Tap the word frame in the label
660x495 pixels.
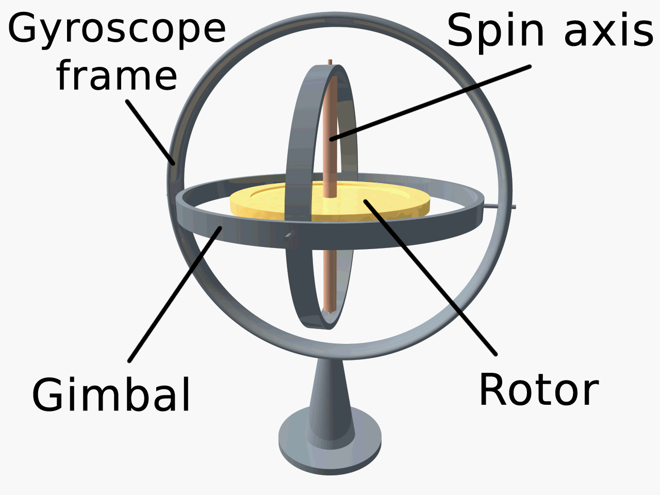(117, 75)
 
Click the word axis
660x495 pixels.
(608, 31)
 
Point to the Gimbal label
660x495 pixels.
(111, 395)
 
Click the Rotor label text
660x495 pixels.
(539, 390)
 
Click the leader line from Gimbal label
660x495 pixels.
(175, 294)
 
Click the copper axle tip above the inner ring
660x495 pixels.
(329, 62)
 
